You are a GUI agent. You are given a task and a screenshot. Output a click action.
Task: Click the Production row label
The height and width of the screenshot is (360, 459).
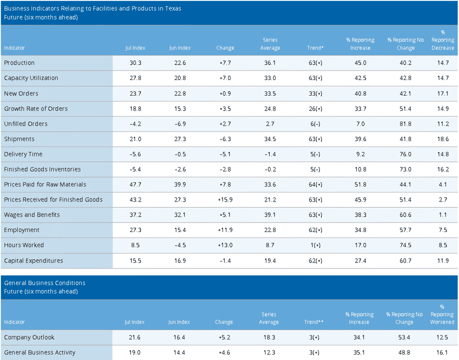pos(19,62)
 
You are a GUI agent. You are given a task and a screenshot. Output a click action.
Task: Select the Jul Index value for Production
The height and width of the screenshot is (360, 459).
pos(135,62)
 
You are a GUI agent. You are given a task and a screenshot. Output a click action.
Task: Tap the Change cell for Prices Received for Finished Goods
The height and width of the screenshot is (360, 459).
pos(225,199)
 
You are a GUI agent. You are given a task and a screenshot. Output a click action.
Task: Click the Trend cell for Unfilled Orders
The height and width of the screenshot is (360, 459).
pos(315,124)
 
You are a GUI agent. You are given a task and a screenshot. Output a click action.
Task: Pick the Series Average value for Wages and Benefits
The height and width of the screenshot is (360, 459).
pos(270,215)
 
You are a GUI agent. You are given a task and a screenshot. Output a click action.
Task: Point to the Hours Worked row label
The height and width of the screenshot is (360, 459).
pos(24,245)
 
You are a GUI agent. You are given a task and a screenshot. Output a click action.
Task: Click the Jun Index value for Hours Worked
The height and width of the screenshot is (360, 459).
pos(179,245)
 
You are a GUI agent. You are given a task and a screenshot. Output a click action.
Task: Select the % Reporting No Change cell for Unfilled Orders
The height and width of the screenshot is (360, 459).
pos(405,124)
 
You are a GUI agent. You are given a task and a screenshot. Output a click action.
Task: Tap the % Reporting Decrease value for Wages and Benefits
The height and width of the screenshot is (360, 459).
pos(443,215)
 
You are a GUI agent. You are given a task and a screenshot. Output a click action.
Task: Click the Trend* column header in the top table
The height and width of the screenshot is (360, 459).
pos(315,47)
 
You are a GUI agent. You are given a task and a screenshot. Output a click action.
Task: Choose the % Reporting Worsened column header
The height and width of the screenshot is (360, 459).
pos(442,314)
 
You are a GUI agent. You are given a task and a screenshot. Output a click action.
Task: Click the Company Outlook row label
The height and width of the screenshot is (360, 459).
pos(29,337)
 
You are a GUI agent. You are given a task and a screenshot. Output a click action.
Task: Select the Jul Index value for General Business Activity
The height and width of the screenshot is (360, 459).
pos(134,352)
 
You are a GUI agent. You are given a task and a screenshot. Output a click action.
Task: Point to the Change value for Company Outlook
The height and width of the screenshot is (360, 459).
pos(224,337)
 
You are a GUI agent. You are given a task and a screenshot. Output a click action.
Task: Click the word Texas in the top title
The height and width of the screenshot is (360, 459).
pos(173,8)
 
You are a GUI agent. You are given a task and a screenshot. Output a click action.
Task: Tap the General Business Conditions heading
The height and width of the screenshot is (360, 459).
pos(45,282)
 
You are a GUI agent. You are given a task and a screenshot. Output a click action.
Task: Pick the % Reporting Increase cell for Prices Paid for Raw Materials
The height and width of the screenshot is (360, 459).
pos(360,184)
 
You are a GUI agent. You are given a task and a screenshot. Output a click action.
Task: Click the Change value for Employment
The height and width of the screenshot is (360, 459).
pos(225,230)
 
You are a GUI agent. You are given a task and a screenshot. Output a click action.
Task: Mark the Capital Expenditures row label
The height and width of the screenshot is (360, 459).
pos(33,260)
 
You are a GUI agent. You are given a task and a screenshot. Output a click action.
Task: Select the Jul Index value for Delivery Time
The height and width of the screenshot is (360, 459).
pos(135,154)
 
